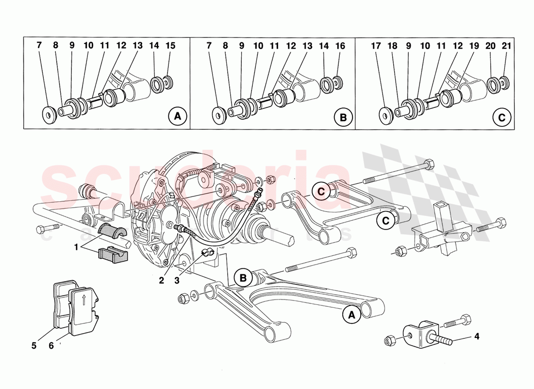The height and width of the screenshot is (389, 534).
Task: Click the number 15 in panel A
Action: click(170, 46)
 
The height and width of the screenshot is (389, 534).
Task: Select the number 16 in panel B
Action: click(340, 46)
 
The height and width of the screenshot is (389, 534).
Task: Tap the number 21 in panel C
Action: click(507, 46)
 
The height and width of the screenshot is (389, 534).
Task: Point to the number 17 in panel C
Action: click(376, 46)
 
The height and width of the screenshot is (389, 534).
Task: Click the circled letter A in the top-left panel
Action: click(177, 117)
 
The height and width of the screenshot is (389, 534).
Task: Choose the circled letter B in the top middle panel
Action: click(343, 117)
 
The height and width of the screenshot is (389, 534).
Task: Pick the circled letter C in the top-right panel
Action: click(502, 117)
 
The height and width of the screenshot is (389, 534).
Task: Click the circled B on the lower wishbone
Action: click(244, 278)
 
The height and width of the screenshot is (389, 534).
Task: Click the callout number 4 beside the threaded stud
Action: click(477, 336)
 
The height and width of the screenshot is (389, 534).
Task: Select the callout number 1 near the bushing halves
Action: click(76, 247)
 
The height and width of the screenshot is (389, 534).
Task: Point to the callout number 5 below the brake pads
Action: click(34, 346)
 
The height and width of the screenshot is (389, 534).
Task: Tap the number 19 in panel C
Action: click(474, 46)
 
